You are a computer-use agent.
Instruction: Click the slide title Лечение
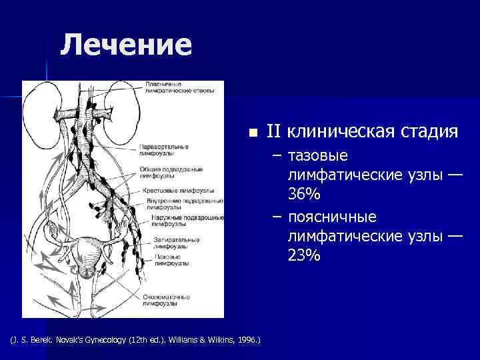point(125,46)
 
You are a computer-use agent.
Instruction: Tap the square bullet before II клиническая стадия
point(251,133)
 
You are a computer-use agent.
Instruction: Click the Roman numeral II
point(274,131)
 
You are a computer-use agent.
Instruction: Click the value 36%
point(305,194)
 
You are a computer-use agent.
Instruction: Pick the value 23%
point(305,255)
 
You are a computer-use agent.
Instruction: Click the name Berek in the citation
point(42,341)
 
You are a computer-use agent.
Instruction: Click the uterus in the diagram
point(87,254)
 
